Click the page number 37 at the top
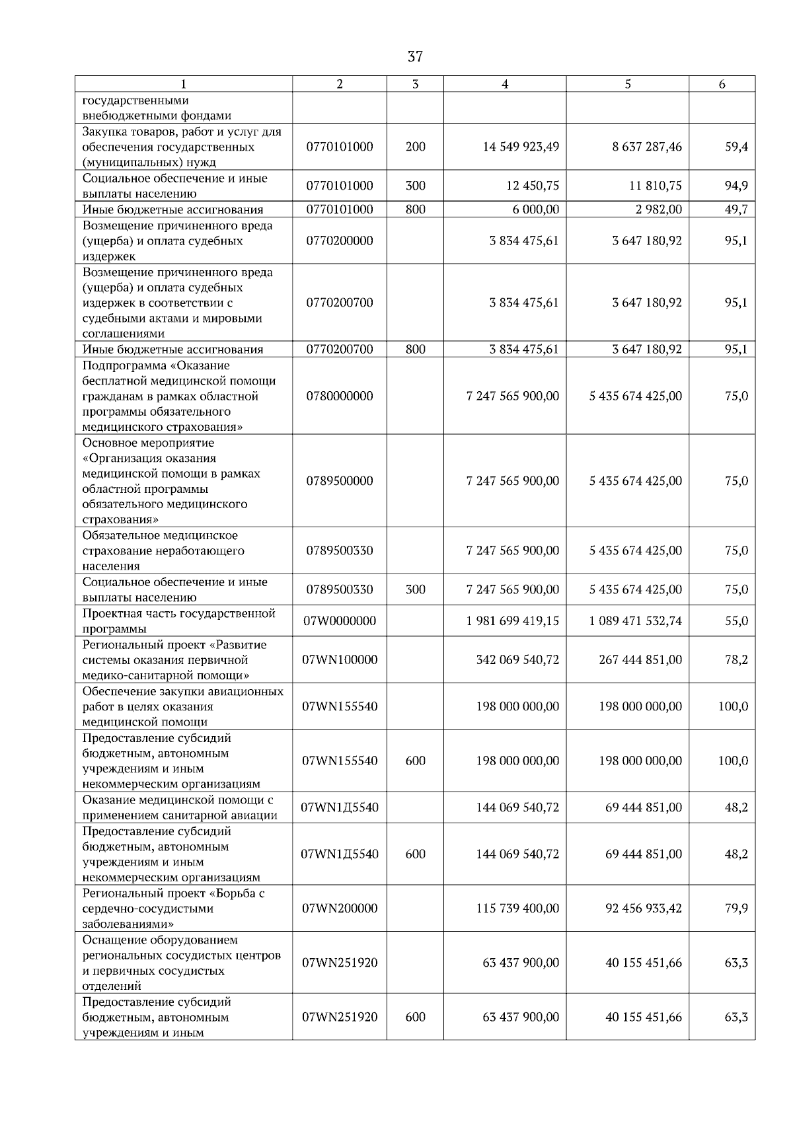[415, 57]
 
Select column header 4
[505, 84]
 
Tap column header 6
[722, 84]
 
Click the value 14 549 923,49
[521, 147]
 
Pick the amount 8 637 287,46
[647, 147]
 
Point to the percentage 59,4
[736, 147]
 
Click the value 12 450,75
[533, 186]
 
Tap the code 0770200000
[340, 241]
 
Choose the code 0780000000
[340, 396]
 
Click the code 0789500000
[340, 480]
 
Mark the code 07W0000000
[340, 620]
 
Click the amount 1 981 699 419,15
[513, 620]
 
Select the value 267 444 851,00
[640, 659]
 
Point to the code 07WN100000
[340, 659]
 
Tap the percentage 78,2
[736, 659]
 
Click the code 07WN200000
[340, 908]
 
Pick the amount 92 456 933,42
[644, 908]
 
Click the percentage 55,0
[736, 620]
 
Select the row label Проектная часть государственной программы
[178, 620]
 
